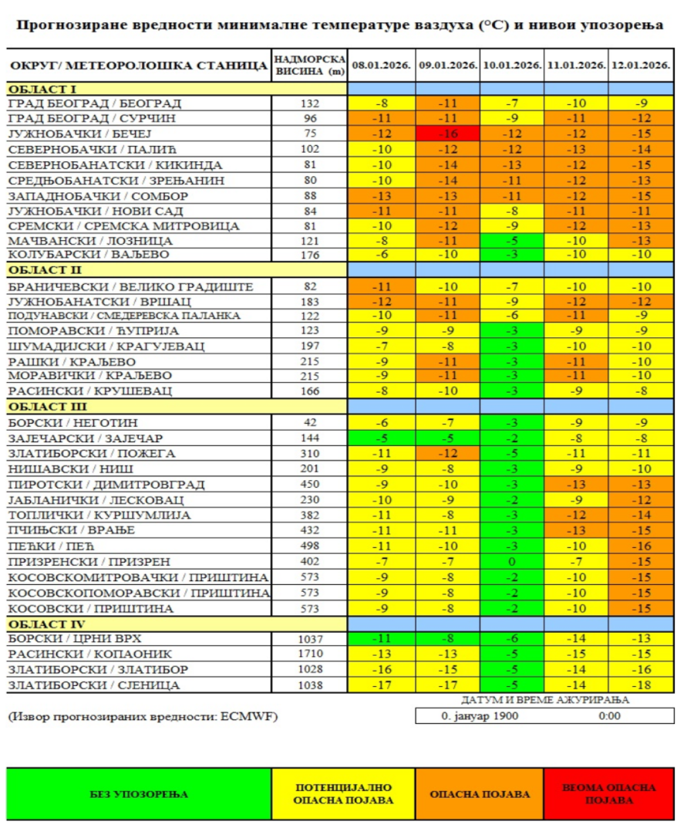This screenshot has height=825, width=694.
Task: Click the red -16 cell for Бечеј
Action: tap(447, 134)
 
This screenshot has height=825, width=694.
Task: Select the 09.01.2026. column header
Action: tap(447, 66)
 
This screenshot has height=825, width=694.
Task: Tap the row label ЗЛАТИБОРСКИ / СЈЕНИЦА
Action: tap(94, 685)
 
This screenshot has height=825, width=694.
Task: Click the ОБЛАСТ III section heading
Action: tap(48, 407)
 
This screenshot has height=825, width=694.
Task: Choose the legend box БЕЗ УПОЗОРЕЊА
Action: tap(139, 793)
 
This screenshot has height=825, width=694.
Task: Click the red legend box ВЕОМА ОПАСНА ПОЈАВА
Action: tap(608, 793)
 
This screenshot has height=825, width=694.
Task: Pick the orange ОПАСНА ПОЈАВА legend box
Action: tap(480, 793)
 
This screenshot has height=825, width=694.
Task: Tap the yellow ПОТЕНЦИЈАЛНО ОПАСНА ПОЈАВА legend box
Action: tap(343, 793)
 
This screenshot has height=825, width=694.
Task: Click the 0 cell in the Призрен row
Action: tap(511, 562)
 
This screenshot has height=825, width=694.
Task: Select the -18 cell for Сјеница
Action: tap(640, 685)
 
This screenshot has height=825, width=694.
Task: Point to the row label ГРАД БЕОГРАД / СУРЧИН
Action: tap(92, 118)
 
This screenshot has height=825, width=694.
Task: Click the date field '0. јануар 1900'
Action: tap(480, 715)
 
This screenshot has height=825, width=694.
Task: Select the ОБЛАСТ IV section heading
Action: tap(47, 624)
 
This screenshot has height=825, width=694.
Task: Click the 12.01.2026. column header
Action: tap(640, 66)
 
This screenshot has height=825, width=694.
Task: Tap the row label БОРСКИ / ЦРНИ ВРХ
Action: tap(75, 638)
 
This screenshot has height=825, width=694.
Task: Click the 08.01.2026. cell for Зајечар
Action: tap(382, 438)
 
